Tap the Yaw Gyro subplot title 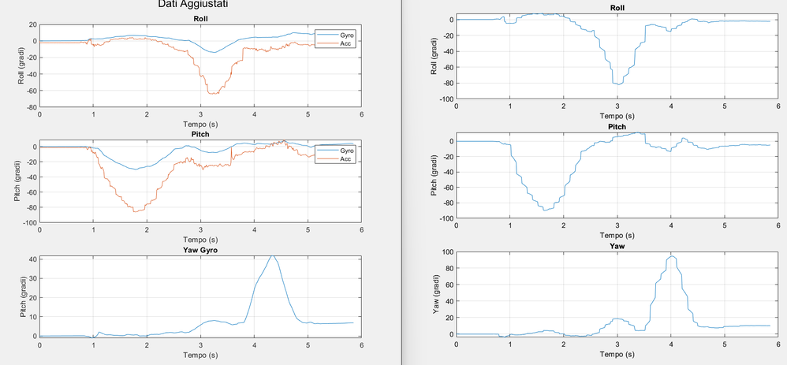pyautogui.click(x=200, y=250)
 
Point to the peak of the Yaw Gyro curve pyautogui.click(x=272, y=255)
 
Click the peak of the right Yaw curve pyautogui.click(x=672, y=256)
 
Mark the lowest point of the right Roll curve pyautogui.click(x=618, y=84)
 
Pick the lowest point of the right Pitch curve pyautogui.click(x=545, y=210)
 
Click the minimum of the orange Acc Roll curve pyautogui.click(x=211, y=94)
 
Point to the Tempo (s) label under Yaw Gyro pyautogui.click(x=200, y=355)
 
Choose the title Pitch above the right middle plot pyautogui.click(x=617, y=127)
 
